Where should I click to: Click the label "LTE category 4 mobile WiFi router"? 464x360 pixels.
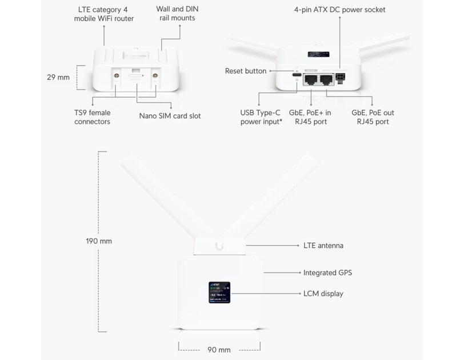point(104,14)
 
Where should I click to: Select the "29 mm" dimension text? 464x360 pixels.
point(58,77)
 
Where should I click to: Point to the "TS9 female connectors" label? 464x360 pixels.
point(92,117)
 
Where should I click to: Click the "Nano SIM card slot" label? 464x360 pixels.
point(170,116)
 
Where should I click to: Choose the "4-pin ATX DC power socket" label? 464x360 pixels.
point(339,10)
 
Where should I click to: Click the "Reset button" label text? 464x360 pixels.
point(246,71)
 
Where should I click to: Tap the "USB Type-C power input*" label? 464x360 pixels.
point(261,117)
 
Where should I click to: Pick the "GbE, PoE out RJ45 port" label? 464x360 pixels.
point(373,117)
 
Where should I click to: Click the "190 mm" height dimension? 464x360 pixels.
point(99,241)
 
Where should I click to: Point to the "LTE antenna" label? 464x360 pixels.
point(323,246)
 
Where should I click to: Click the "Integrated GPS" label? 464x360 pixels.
point(327,273)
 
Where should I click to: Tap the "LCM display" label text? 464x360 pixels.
point(323,294)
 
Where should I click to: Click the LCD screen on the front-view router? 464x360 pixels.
point(220,293)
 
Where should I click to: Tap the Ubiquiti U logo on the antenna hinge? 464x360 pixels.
point(220,246)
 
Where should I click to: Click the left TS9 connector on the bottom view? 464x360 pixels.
point(116,75)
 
